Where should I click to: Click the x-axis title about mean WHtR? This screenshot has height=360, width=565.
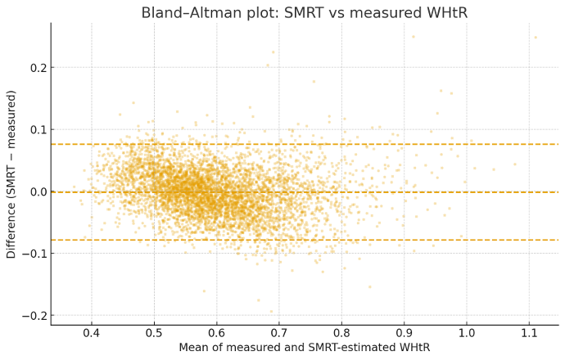point(305,349)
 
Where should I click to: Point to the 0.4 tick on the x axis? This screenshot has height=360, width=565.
point(91,334)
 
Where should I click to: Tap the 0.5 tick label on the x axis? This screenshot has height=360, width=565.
point(154,334)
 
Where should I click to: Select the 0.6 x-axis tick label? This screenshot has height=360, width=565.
point(216,334)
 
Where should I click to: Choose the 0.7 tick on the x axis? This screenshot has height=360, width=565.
point(279,334)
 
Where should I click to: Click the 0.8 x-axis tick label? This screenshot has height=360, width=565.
point(341,334)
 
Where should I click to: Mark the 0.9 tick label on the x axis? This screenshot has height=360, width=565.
point(405,334)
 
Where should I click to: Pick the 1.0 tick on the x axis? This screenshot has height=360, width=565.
point(467,334)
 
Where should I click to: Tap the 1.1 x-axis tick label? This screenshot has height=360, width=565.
point(530,334)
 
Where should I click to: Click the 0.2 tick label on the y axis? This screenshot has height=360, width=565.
point(35,68)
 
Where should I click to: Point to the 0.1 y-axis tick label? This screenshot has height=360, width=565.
point(35,130)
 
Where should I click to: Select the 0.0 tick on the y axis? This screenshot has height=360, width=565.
point(35,192)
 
